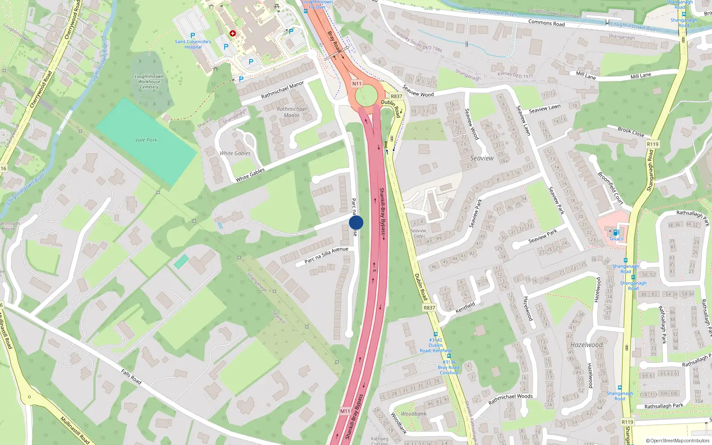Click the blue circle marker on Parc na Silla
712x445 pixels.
click(356, 222)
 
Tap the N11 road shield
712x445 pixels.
click(356, 84)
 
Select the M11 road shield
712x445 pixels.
click(345, 411)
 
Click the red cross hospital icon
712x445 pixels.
click(233, 33)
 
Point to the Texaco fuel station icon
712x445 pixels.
click(616, 232)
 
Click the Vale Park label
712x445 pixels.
click(146, 140)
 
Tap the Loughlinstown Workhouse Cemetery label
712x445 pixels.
click(149, 82)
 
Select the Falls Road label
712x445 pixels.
click(131, 376)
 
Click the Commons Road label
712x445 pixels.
click(546, 23)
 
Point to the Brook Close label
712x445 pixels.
click(631, 132)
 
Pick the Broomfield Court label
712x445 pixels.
click(610, 187)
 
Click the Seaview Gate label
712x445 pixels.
click(418, 233)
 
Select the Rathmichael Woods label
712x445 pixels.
click(510, 399)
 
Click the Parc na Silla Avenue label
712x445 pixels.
click(326, 255)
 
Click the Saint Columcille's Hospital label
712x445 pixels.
click(193, 44)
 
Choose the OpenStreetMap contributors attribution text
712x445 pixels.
click(678, 441)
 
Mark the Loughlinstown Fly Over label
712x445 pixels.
click(317, 4)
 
